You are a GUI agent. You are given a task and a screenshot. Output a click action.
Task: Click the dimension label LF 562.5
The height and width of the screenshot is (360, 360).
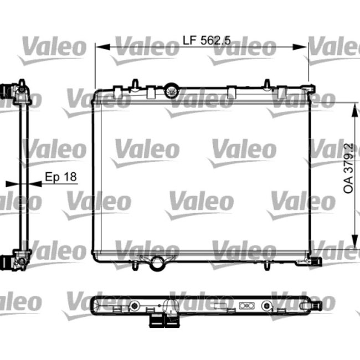click(x=207, y=40)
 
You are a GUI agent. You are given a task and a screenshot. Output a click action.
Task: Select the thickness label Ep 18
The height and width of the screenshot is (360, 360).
click(x=60, y=177)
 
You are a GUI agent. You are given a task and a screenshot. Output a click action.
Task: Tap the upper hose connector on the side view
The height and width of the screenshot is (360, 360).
click(x=8, y=90)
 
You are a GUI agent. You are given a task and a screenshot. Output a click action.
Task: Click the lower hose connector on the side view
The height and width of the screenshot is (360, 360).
click(x=8, y=261)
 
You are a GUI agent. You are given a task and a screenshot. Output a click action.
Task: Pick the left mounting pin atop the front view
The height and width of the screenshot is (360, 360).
click(x=134, y=84)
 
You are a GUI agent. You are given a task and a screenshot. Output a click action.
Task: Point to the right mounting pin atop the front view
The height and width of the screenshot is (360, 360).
click(x=267, y=84)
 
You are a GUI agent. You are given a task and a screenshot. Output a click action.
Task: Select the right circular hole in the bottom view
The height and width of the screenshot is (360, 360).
click(x=267, y=306)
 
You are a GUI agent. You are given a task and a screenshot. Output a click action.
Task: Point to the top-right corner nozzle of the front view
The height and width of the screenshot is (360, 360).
click(x=310, y=88)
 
